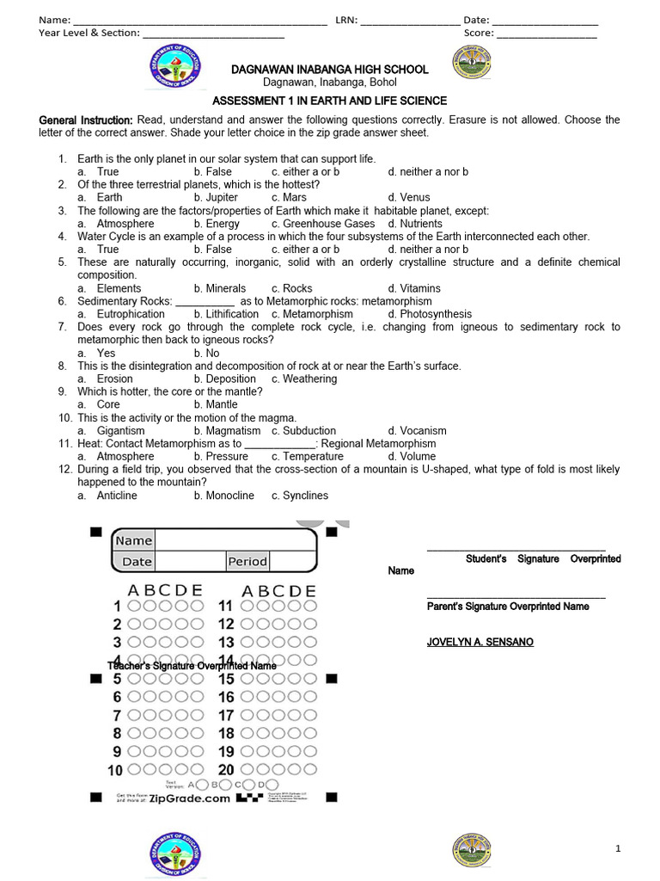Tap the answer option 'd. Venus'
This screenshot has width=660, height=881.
tap(409, 198)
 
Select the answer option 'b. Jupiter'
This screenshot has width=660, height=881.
tap(216, 198)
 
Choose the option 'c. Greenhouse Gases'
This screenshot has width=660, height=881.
tap(323, 224)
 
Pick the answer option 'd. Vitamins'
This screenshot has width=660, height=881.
tap(414, 288)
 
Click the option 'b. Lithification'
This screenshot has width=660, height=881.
tap(226, 314)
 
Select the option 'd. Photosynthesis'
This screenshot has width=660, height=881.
tap(430, 314)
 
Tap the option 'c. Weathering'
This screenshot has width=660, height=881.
tap(304, 379)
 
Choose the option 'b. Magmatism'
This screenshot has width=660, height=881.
tap(227, 430)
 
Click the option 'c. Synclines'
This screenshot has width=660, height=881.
tap(300, 496)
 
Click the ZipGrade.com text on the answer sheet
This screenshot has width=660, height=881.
tap(190, 798)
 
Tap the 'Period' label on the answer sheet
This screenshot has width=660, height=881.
tap(247, 562)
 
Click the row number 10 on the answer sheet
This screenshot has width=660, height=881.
tap(114, 770)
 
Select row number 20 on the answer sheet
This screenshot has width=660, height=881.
tap(226, 770)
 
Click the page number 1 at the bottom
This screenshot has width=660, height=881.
tap(617, 849)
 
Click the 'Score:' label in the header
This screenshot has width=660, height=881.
tap(479, 33)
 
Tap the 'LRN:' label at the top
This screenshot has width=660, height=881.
tap(346, 20)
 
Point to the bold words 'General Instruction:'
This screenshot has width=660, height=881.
tap(86, 120)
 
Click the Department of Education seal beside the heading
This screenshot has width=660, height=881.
tap(175, 75)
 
